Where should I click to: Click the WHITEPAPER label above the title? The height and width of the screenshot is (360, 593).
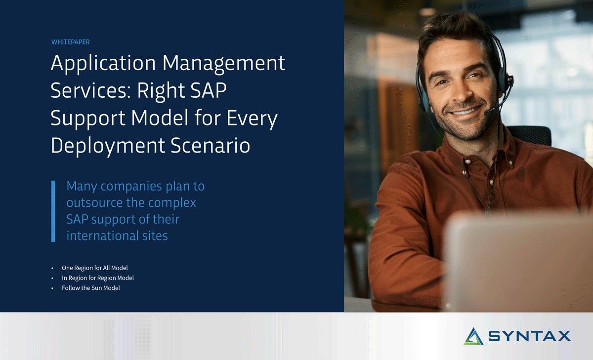pyautogui.click(x=70, y=42)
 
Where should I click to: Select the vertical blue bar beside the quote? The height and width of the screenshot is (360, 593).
pyautogui.click(x=53, y=211)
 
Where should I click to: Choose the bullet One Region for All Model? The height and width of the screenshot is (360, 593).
pyautogui.click(x=94, y=268)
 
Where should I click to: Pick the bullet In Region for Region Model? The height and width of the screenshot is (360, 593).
pyautogui.click(x=97, y=278)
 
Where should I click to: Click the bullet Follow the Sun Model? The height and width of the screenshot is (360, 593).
pyautogui.click(x=90, y=288)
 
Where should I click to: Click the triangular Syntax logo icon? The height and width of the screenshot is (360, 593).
pyautogui.click(x=473, y=336)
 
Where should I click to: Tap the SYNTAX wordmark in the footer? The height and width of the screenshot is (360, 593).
pyautogui.click(x=529, y=336)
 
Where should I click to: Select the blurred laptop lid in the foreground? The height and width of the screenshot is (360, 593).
pyautogui.click(x=519, y=262)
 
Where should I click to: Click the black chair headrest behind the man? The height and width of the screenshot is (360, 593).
pyautogui.click(x=536, y=135)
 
